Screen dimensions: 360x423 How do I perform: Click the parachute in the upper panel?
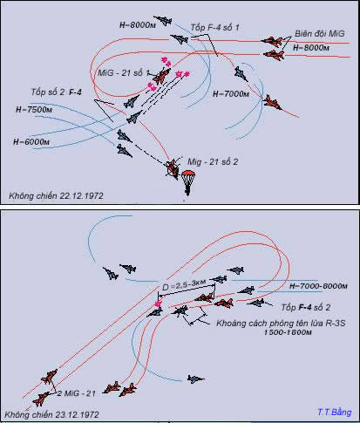[188, 181]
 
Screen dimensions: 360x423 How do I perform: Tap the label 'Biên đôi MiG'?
[320, 34]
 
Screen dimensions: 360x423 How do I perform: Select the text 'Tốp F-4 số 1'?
[215, 28]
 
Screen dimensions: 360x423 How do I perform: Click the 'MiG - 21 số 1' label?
[124, 72]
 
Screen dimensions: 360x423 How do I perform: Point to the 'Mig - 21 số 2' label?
[213, 161]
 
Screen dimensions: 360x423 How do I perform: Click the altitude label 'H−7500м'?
[34, 110]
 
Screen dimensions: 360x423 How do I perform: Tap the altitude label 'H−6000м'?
[31, 142]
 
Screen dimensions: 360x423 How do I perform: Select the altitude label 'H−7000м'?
[231, 94]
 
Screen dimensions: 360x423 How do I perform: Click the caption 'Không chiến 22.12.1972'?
[56, 195]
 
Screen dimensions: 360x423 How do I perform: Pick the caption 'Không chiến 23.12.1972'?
[52, 414]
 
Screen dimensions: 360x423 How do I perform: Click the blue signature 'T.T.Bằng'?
[335, 413]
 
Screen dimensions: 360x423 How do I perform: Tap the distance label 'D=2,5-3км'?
[184, 285]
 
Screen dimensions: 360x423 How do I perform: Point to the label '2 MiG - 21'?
[77, 393]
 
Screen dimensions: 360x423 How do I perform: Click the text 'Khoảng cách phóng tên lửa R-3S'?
[281, 324]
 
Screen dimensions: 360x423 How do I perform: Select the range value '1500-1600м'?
[288, 332]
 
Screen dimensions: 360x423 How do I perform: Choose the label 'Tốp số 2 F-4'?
[57, 92]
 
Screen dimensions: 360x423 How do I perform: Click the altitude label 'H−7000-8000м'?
[318, 286]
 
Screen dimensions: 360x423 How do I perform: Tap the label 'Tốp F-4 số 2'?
[306, 307]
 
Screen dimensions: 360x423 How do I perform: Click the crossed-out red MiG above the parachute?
[172, 168]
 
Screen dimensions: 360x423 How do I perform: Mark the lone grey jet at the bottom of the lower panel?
[195, 379]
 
